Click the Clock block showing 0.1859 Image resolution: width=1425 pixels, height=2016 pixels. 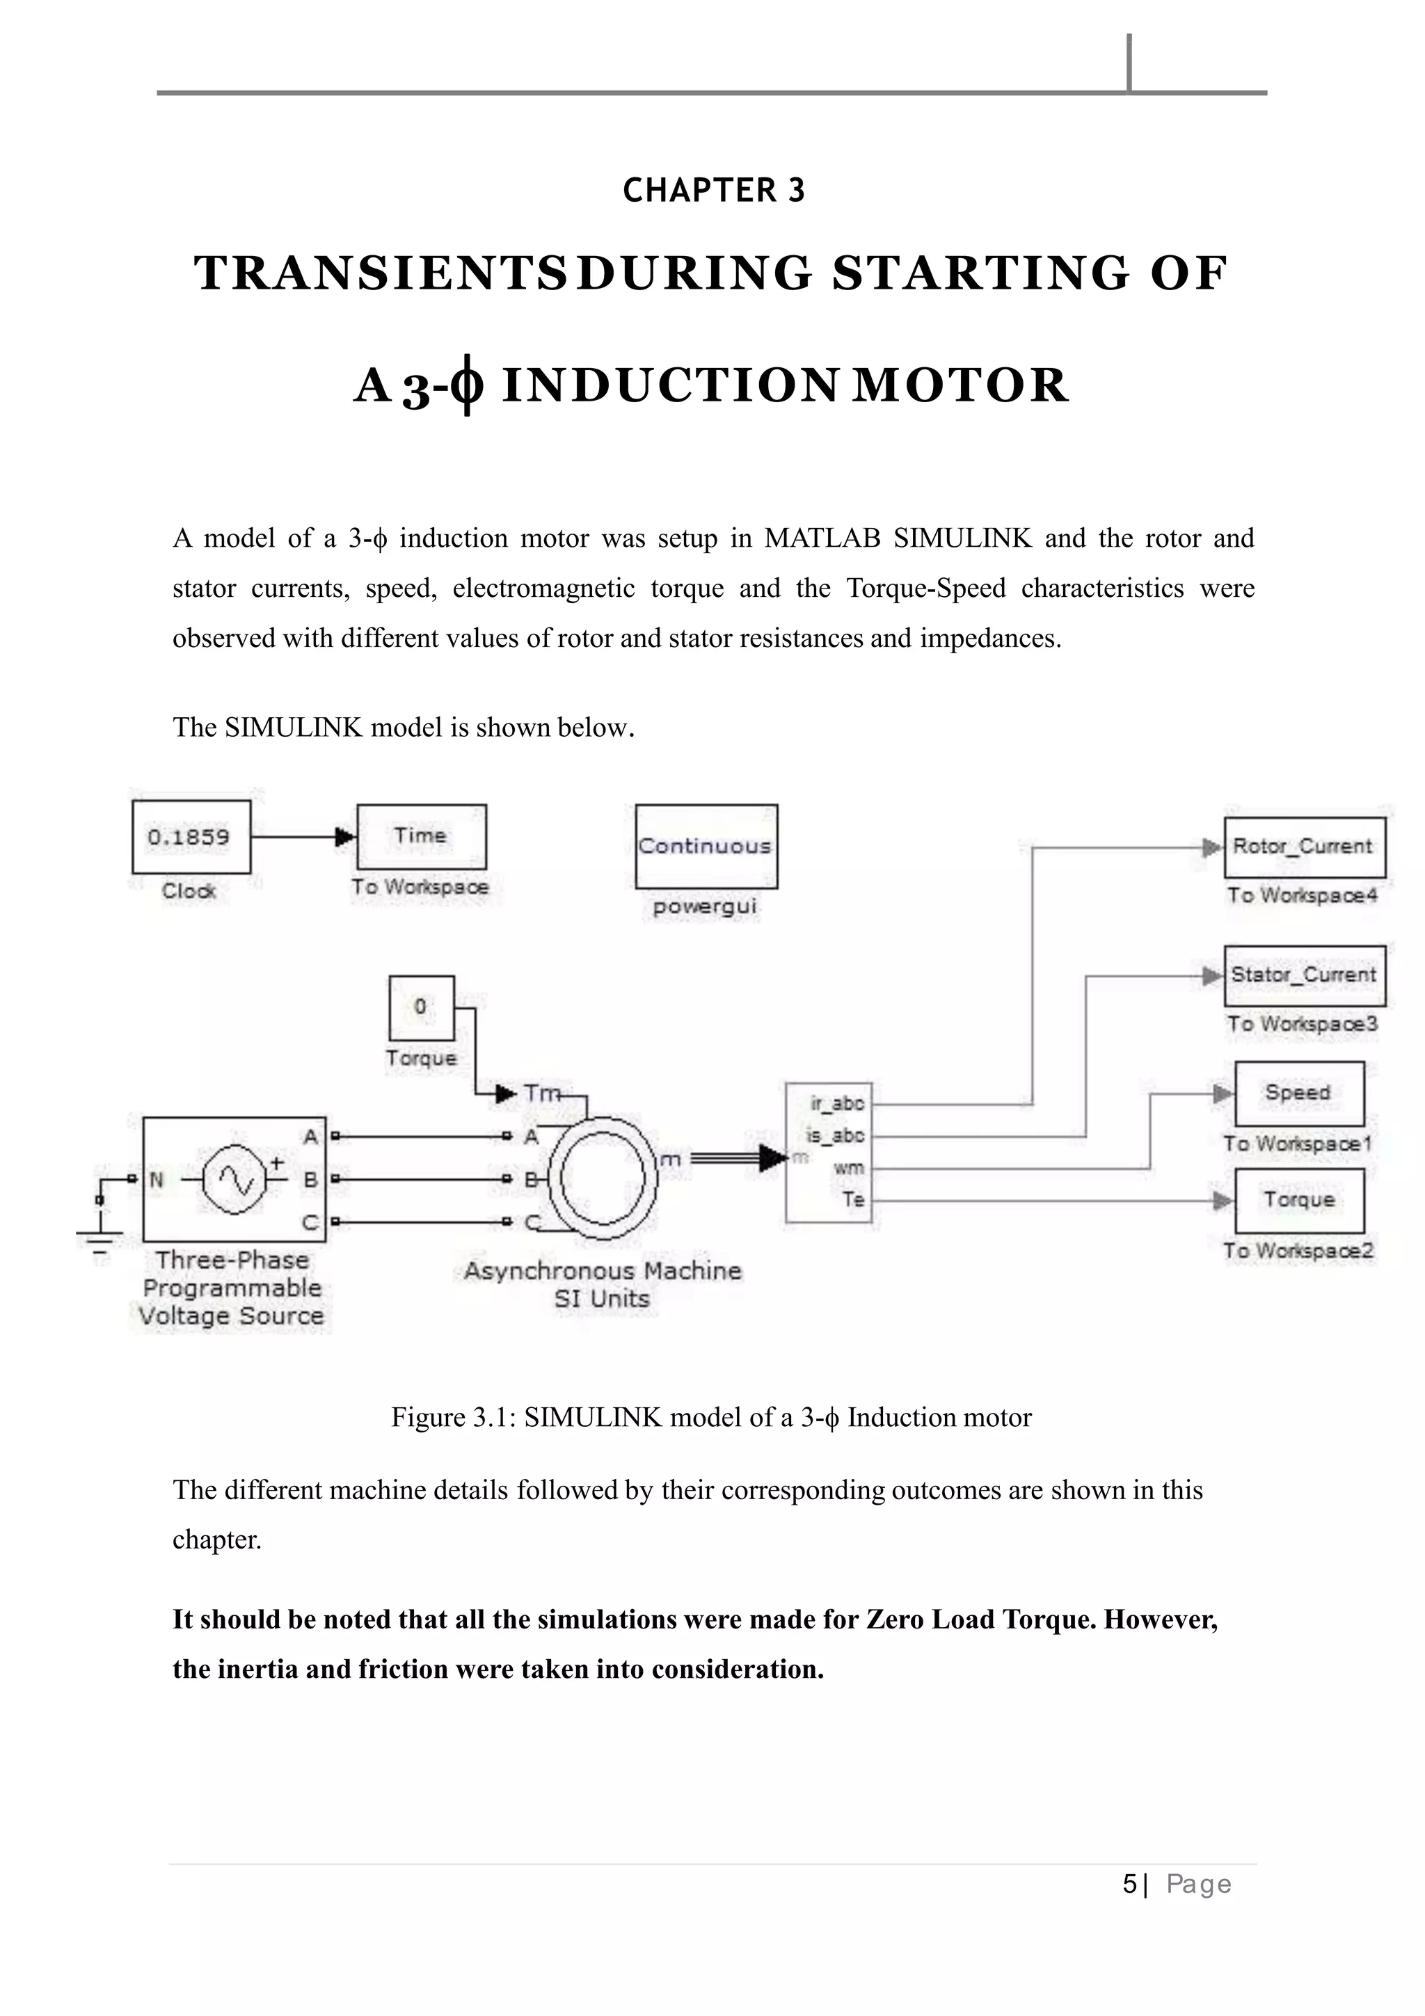(191, 837)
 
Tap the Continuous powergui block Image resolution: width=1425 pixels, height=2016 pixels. (706, 847)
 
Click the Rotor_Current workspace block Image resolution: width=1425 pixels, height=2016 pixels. (1304, 847)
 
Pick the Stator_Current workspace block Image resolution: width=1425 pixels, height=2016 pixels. (1304, 975)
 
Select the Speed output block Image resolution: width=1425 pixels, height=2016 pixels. (1298, 1093)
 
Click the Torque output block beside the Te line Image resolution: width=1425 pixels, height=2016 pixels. (1298, 1200)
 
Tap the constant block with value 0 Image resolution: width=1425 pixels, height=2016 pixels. (422, 1007)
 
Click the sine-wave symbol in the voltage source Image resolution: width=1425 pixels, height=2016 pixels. (234, 1180)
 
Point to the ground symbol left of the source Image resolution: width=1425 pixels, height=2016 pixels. (99, 1238)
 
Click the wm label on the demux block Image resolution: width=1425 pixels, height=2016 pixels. (848, 1169)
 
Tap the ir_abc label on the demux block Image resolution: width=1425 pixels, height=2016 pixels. (838, 1104)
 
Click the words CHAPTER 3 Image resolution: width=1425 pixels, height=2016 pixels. (713, 191)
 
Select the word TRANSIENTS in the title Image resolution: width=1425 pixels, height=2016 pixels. (379, 273)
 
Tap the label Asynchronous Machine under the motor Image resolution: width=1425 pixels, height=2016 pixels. (603, 1270)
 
